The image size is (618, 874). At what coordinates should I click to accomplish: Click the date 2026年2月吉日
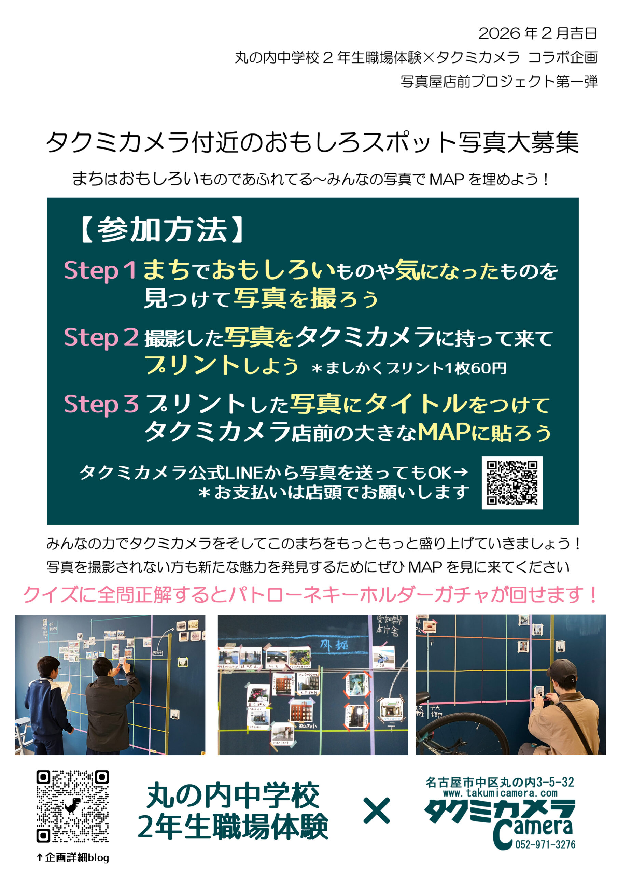tap(537, 33)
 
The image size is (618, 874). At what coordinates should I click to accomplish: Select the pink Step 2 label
tap(101, 337)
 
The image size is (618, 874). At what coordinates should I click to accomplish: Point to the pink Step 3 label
tap(101, 404)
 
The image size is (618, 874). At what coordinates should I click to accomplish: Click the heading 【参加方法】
tap(162, 230)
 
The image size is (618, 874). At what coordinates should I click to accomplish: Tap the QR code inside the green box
tap(512, 483)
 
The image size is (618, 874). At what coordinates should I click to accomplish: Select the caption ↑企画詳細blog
tap(73, 857)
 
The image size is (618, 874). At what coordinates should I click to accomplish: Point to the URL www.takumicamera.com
tap(500, 793)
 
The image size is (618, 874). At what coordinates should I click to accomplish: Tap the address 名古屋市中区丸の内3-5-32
tap(500, 782)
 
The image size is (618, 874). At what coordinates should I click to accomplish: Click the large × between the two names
tap(377, 811)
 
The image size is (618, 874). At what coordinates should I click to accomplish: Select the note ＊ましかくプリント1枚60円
tap(409, 368)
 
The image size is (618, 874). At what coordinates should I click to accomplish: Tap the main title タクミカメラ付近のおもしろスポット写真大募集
tap(312, 143)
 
